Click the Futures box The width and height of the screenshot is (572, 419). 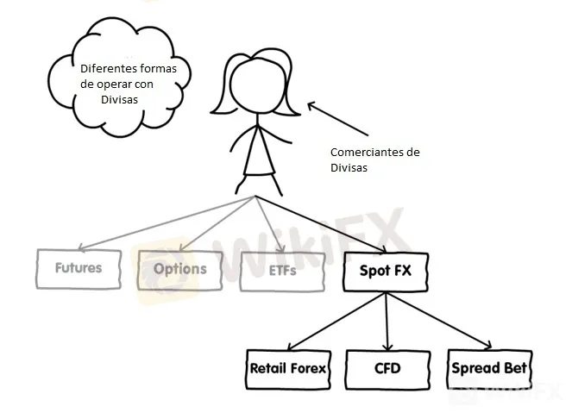[x=79, y=269]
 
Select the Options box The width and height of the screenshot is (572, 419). [x=179, y=270]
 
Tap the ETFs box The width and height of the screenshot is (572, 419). [x=282, y=272]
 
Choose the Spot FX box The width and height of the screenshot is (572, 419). [x=386, y=272]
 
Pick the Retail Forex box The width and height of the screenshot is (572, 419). [x=288, y=369]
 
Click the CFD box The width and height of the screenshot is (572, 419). [x=387, y=369]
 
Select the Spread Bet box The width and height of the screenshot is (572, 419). [x=489, y=369]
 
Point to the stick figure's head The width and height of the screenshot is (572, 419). [x=259, y=86]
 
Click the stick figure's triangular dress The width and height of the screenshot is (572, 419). [x=259, y=153]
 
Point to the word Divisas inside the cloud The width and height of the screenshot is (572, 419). [x=119, y=99]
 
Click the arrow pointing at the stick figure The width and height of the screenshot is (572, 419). [x=338, y=119]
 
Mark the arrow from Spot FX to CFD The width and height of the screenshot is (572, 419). [x=387, y=322]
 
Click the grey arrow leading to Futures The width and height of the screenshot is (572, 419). [x=167, y=222]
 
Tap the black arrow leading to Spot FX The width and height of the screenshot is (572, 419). [x=321, y=224]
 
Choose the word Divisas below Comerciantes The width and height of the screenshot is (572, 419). [x=349, y=168]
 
